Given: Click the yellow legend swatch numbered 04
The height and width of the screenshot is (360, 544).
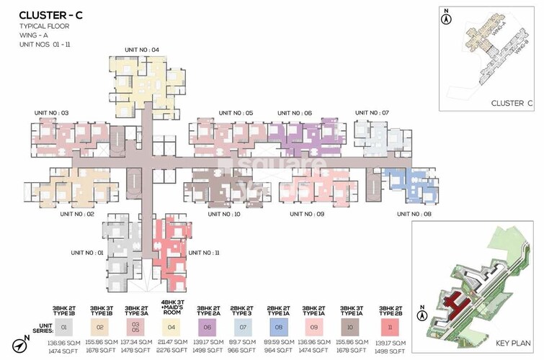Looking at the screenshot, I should pos(171,327).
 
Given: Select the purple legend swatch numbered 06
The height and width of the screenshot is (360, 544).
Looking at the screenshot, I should pos(208,327).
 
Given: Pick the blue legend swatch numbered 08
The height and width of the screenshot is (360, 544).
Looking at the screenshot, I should pos(278,327).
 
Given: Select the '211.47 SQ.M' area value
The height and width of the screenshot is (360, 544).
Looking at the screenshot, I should pos(171,343).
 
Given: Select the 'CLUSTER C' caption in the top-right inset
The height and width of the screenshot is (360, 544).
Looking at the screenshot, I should pos(512,103).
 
